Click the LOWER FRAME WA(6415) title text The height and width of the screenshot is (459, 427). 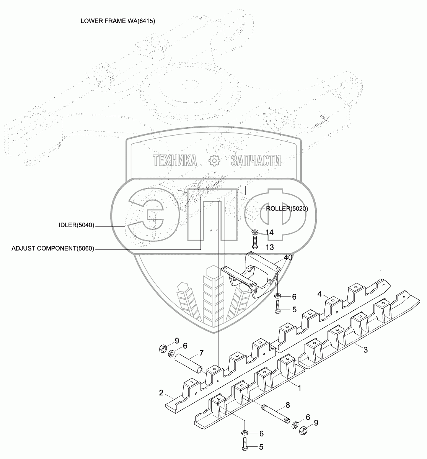[117, 21]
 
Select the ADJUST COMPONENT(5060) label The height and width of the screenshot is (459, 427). [53, 249]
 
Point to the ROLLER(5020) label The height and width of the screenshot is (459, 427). [284, 209]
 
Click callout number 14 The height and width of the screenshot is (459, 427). [269, 233]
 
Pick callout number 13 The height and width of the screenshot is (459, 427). [269, 248]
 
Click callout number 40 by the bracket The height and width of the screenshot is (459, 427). [288, 258]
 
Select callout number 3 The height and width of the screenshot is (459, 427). [365, 350]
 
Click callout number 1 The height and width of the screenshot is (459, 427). [300, 388]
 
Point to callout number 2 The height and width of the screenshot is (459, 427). [161, 393]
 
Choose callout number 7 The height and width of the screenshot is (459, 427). [201, 353]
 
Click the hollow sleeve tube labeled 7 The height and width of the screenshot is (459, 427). [188, 361]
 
